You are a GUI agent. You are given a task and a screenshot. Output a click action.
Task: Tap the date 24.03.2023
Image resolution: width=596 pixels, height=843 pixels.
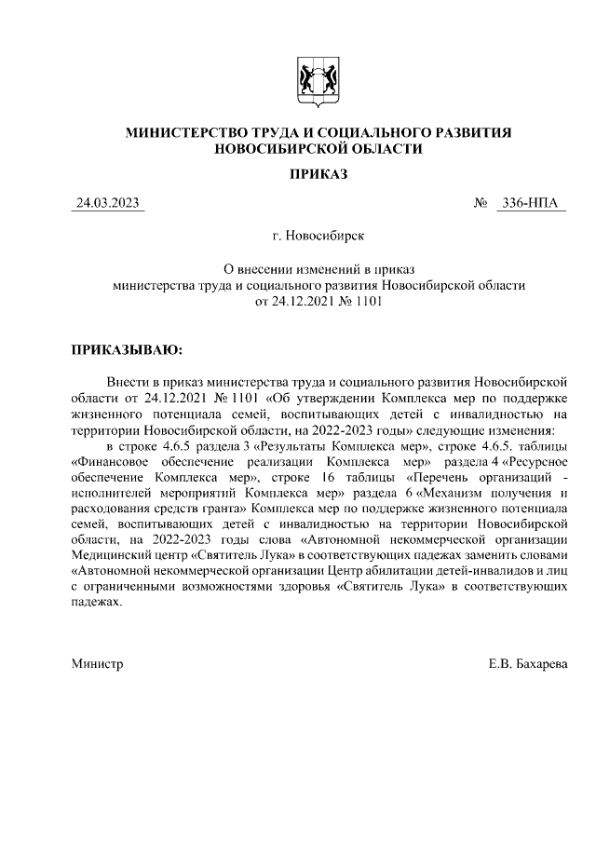pos(108,203)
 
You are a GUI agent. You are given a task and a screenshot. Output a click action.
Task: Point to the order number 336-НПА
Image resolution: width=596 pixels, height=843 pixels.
pos(533,203)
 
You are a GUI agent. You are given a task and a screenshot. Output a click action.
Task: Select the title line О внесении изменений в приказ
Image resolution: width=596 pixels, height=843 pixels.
pos(318,269)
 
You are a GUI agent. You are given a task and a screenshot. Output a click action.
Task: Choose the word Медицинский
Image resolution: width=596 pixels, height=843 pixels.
pos(112,556)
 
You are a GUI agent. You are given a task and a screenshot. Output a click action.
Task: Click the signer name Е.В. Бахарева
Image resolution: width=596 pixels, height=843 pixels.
pos(528,663)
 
